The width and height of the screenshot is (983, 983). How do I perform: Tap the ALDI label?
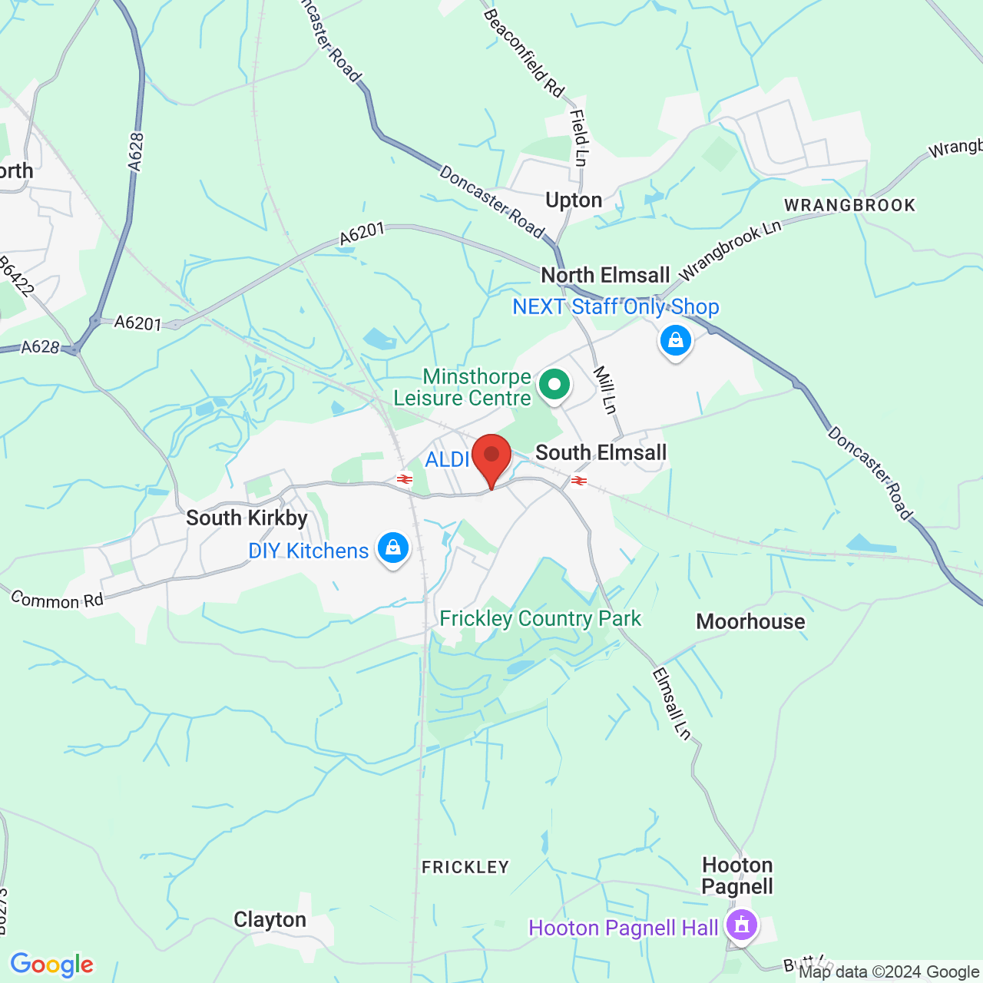(447, 459)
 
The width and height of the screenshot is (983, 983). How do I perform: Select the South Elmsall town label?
(601, 452)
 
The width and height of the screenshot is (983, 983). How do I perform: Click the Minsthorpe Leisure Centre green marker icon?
(554, 385)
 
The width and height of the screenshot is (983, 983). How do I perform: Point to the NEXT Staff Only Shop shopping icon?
(675, 340)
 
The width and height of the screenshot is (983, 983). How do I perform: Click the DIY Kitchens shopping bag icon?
(393, 548)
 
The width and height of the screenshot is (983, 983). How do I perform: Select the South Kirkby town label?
(247, 518)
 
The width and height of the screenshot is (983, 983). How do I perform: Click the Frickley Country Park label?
(540, 618)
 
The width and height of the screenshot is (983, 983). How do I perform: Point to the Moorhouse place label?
(750, 621)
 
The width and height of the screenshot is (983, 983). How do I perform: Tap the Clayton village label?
(270, 919)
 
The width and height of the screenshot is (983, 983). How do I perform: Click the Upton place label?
(574, 200)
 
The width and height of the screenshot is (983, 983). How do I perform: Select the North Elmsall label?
(605, 275)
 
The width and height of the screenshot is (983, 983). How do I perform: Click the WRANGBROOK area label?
(849, 205)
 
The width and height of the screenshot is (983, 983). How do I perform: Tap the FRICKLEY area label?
(465, 867)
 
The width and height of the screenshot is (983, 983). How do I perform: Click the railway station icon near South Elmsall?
(579, 481)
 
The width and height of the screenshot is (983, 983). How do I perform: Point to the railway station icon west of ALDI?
(405, 479)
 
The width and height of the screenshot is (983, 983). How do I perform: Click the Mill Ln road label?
(605, 390)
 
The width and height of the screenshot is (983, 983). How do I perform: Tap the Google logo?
(52, 965)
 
